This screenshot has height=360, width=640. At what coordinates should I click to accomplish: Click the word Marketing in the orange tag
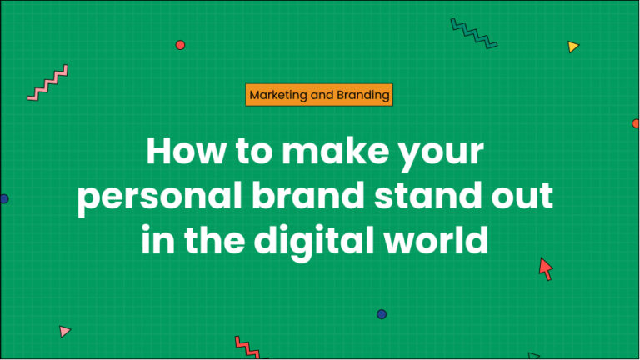click(x=277, y=95)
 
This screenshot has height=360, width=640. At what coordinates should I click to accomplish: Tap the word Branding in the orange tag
click(x=362, y=95)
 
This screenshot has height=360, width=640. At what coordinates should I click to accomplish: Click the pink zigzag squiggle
click(x=47, y=83)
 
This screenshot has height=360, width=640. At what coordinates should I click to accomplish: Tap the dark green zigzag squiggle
click(x=473, y=33)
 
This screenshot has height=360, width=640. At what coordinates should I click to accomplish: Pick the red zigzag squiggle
click(x=248, y=347)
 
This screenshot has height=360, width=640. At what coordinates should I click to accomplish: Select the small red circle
click(x=180, y=45)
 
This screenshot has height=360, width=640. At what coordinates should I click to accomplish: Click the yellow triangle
click(x=572, y=47)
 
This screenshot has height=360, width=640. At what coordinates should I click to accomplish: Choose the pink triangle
click(x=65, y=331)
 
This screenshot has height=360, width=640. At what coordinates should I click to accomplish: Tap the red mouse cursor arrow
click(x=545, y=267)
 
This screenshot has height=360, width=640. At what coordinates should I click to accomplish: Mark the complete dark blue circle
click(x=382, y=314)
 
